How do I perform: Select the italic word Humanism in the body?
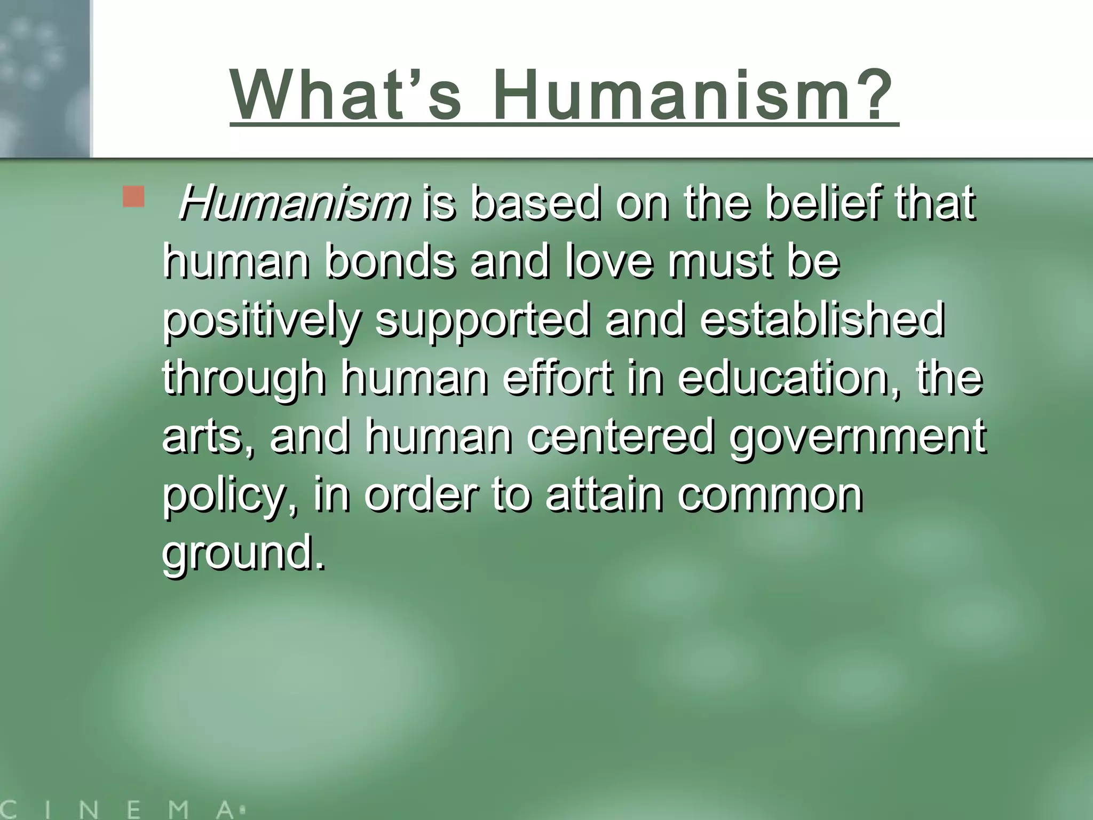tap(295, 204)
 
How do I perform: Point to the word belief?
tap(822, 204)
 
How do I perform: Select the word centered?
tap(620, 437)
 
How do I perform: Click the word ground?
tap(243, 554)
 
